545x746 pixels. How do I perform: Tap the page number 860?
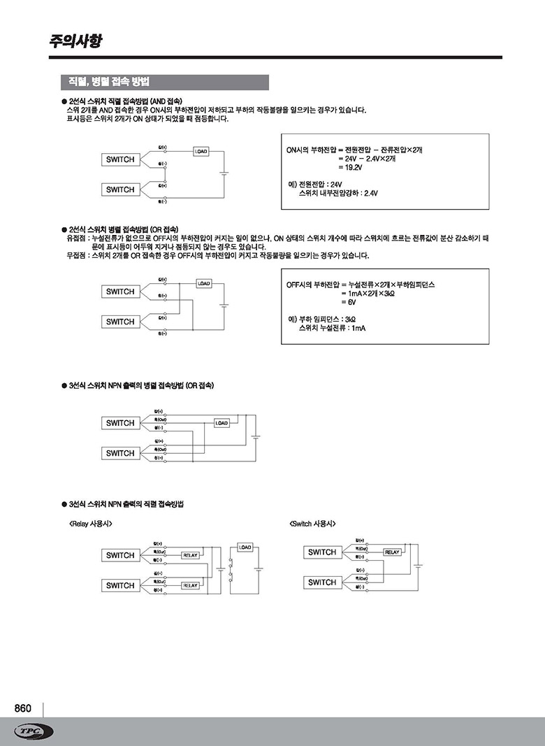pyautogui.click(x=23, y=708)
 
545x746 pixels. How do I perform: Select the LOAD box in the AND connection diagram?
pyautogui.click(x=200, y=151)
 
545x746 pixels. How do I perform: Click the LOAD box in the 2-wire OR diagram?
pyautogui.click(x=203, y=283)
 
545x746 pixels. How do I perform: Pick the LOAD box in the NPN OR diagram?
pyautogui.click(x=221, y=423)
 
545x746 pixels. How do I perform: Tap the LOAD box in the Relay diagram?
pyautogui.click(x=245, y=547)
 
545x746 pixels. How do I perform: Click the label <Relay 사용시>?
pyautogui.click(x=91, y=524)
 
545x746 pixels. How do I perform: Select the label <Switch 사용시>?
pyautogui.click(x=312, y=524)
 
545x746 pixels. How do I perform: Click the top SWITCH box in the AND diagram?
pyautogui.click(x=120, y=159)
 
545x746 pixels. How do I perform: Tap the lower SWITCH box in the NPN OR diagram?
pyautogui.click(x=120, y=453)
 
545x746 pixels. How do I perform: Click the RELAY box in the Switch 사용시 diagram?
pyautogui.click(x=392, y=552)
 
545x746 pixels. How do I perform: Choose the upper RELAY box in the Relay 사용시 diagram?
pyautogui.click(x=190, y=555)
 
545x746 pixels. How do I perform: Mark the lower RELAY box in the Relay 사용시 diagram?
pyautogui.click(x=190, y=586)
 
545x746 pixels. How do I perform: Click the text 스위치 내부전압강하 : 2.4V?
pyautogui.click(x=337, y=193)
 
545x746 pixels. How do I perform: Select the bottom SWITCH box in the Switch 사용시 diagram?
pyautogui.click(x=322, y=582)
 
